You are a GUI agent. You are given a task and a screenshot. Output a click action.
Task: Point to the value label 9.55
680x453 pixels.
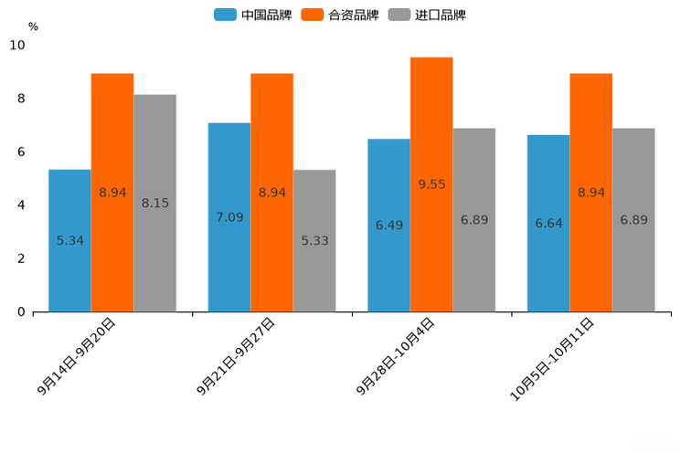pos(431,184)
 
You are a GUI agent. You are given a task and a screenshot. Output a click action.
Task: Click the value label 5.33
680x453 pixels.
pos(314,241)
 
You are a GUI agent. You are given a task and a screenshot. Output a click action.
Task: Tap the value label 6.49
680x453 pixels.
pos(389,225)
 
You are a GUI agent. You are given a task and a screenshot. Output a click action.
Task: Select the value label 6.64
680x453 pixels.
pos(548,223)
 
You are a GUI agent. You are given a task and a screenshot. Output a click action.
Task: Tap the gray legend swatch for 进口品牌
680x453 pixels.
pos(399,15)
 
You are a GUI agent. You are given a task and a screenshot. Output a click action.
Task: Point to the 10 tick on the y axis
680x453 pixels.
pos(17,45)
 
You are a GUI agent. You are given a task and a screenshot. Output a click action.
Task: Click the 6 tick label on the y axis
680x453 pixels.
pos(21,152)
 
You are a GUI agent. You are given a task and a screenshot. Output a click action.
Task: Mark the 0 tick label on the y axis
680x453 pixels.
pos(21,312)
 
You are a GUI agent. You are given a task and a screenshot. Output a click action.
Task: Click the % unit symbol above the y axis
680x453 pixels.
pos(33,26)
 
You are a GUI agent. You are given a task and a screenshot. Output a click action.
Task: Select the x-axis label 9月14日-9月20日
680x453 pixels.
pos(77,356)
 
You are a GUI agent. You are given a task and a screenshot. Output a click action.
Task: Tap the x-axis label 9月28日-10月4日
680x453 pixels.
pos(396,356)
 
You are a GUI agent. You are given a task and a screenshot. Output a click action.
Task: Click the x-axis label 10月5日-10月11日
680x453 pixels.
pos(552,359)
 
